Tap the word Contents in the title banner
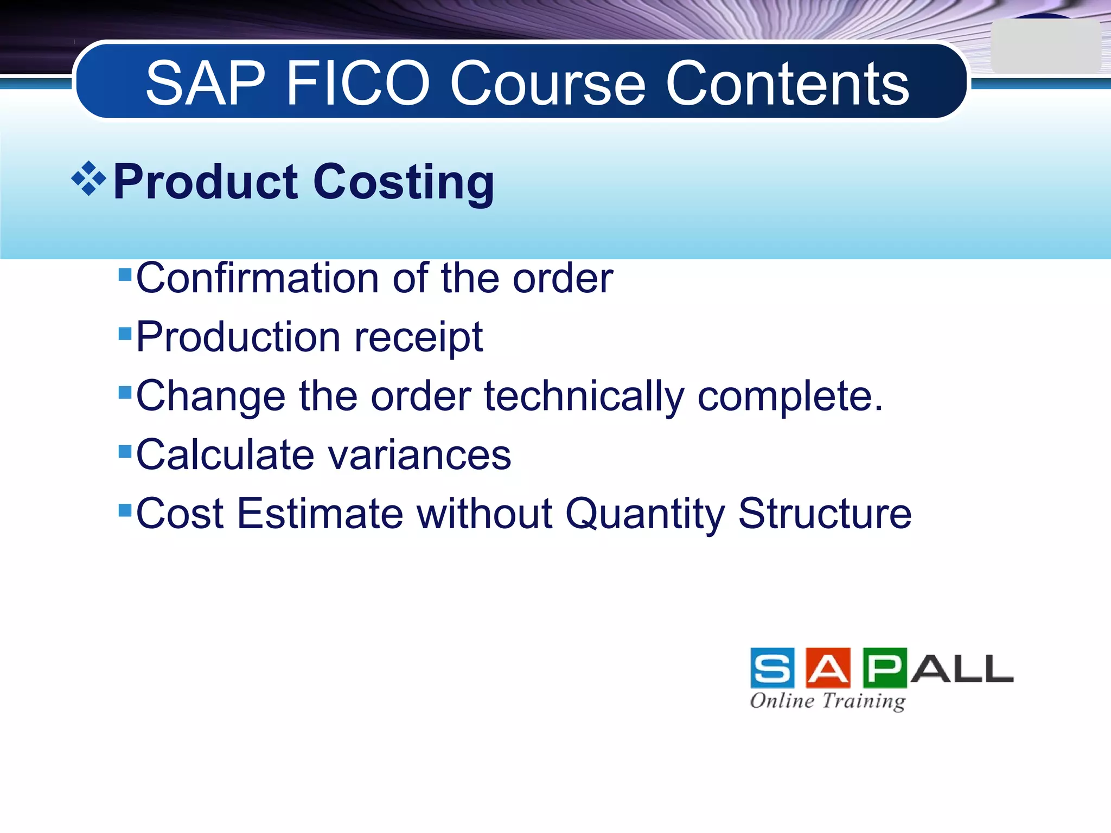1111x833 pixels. pyautogui.click(x=787, y=84)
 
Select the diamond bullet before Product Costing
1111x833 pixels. pyautogui.click(x=88, y=178)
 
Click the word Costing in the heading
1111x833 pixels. pyautogui.click(x=404, y=182)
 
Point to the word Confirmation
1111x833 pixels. pyautogui.click(x=258, y=278)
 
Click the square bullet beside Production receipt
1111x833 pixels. pyautogui.click(x=125, y=333)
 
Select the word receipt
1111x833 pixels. pyautogui.click(x=418, y=338)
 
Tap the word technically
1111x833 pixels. pyautogui.click(x=584, y=396)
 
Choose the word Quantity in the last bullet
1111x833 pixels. pyautogui.click(x=645, y=515)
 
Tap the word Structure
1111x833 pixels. pyautogui.click(x=825, y=514)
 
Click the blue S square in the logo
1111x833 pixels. pyautogui.click(x=772, y=668)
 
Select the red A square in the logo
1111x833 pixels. pyautogui.click(x=828, y=668)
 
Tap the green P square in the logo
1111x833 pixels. pyautogui.click(x=884, y=668)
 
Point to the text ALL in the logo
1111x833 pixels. pyautogui.click(x=961, y=669)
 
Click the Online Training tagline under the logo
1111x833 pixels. pyautogui.click(x=827, y=701)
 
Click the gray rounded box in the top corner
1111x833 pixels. pyautogui.click(x=1045, y=47)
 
